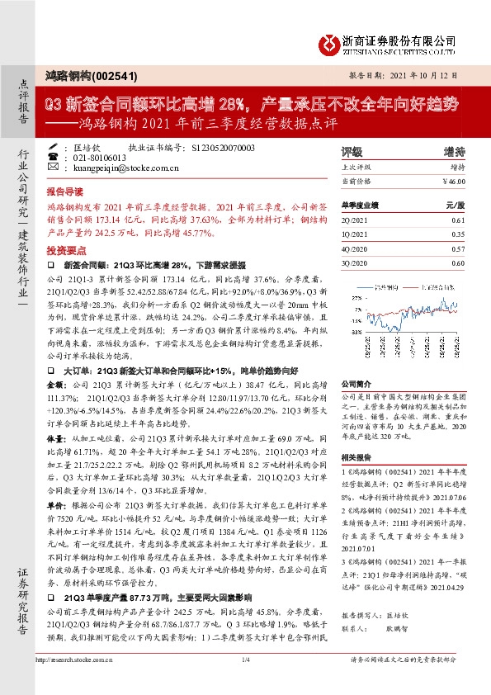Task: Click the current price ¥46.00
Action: point(453,180)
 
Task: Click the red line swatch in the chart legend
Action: point(413,287)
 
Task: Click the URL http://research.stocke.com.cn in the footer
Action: point(72,683)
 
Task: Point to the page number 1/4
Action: point(245,683)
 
